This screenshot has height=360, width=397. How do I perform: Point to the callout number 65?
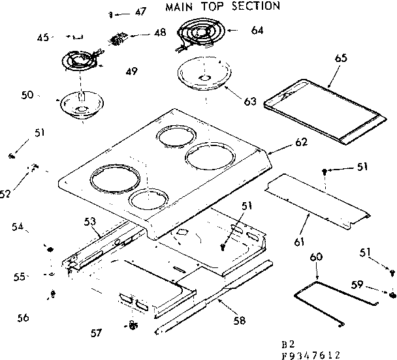340,59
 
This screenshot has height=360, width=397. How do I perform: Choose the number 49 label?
131,71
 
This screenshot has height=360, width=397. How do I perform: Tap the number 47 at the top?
141,12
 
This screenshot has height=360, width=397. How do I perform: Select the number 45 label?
43,38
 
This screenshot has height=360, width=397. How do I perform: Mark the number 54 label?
17,226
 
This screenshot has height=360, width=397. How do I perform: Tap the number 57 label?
96,333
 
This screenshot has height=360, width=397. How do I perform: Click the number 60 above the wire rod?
316,258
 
